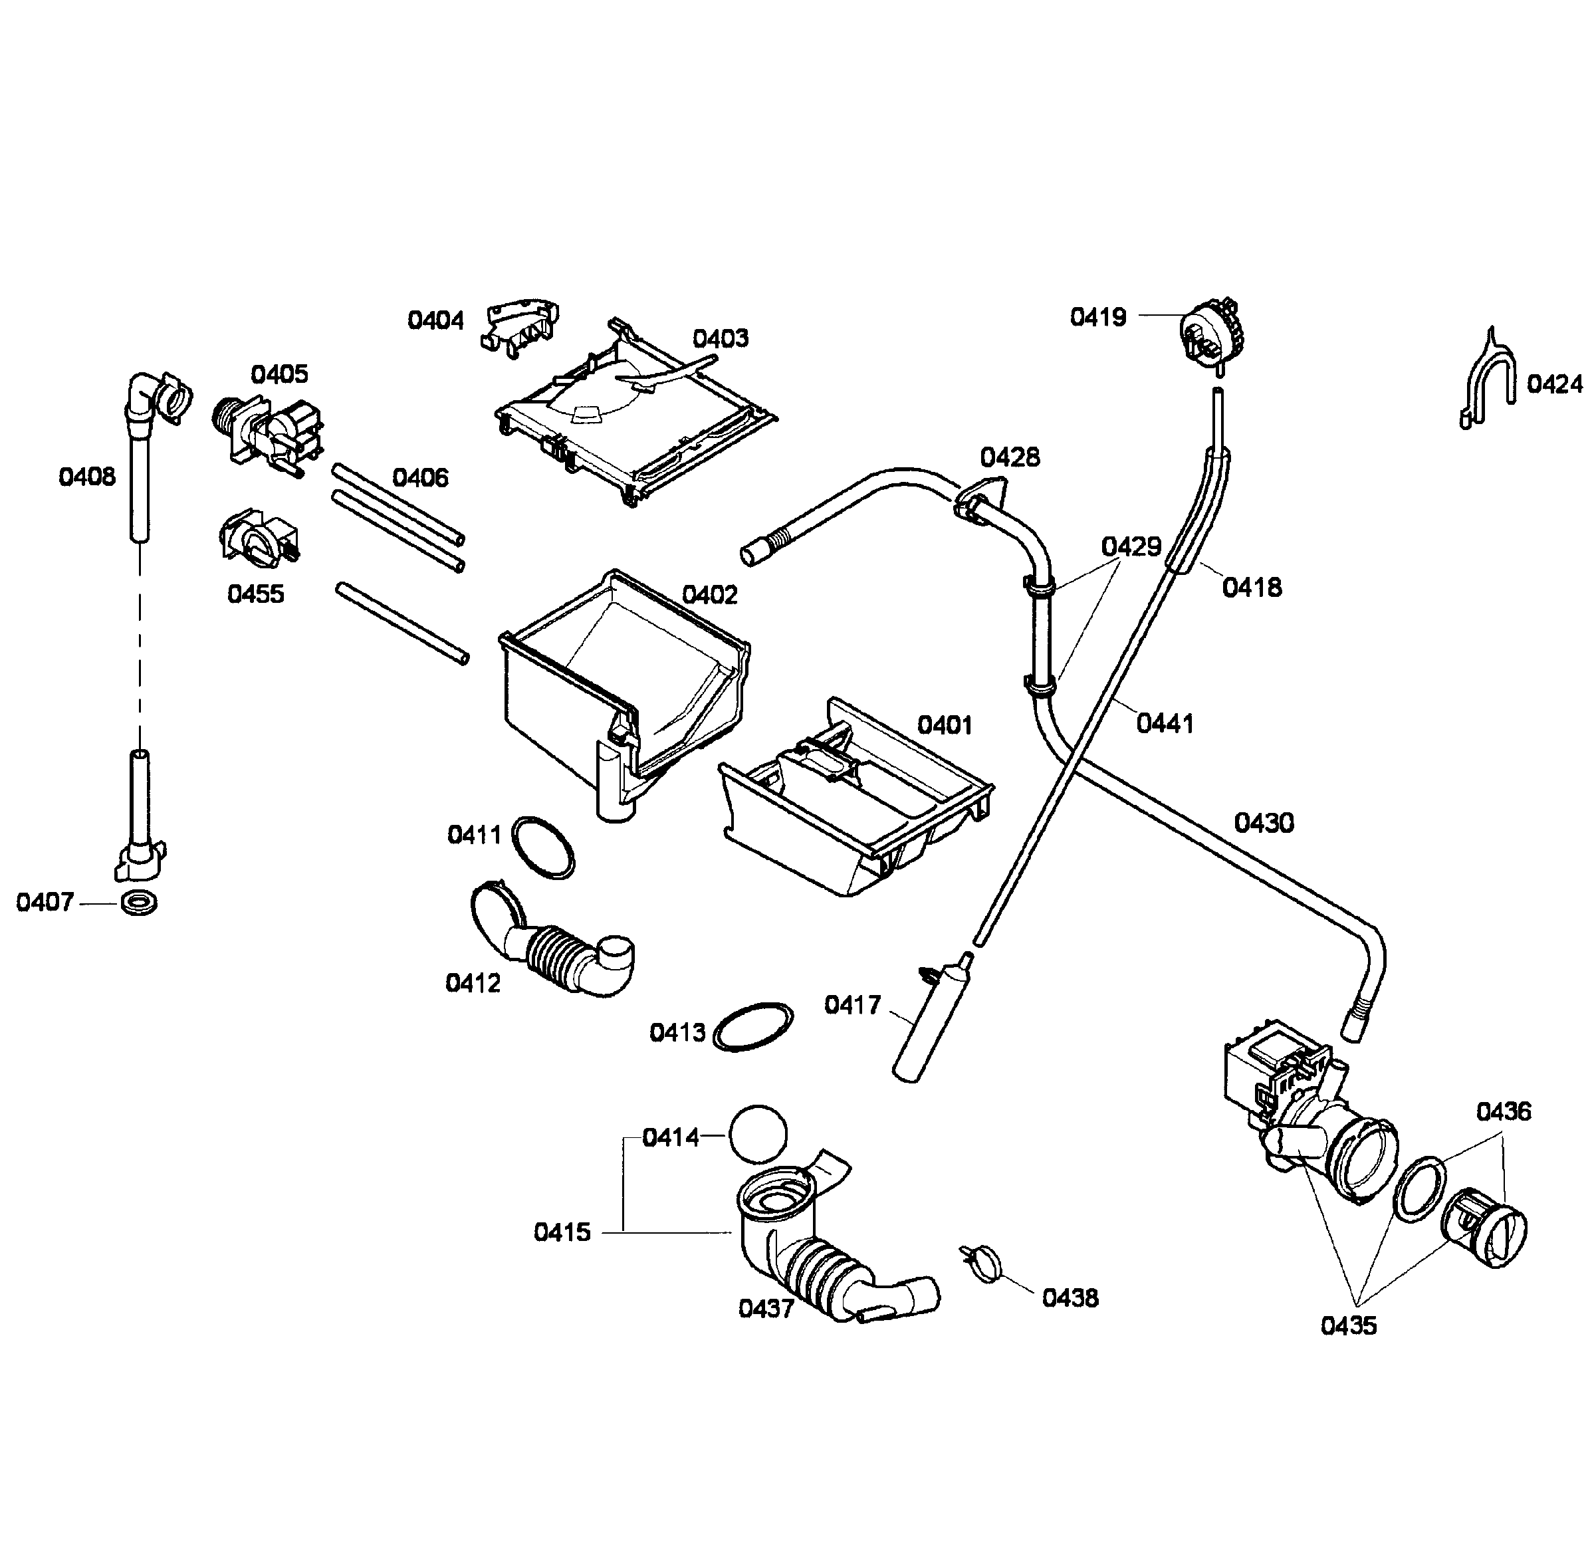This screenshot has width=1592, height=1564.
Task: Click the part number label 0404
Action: (435, 320)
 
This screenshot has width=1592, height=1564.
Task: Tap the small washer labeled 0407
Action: (139, 903)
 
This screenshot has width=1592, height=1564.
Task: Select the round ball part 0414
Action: (757, 1133)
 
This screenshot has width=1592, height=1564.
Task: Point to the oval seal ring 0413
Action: (754, 1026)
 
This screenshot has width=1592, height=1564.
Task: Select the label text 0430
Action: (1264, 822)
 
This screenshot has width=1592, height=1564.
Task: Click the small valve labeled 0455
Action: (257, 537)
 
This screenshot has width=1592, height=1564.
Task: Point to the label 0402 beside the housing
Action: (710, 595)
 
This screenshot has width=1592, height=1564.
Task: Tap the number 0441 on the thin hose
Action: (1165, 724)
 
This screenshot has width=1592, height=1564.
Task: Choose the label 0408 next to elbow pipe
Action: (87, 477)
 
